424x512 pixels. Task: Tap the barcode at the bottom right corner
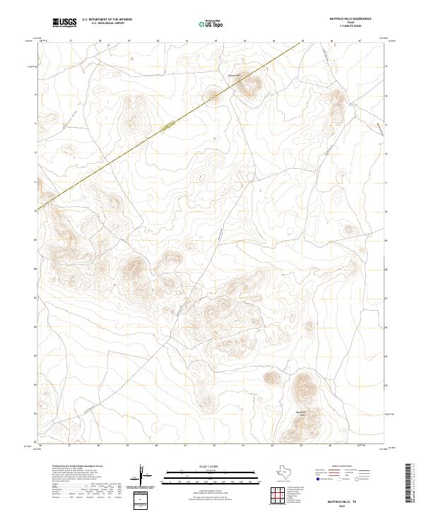[410, 483]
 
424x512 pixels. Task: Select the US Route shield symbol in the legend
[338, 479]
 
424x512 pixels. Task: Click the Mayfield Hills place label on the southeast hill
[301, 411]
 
